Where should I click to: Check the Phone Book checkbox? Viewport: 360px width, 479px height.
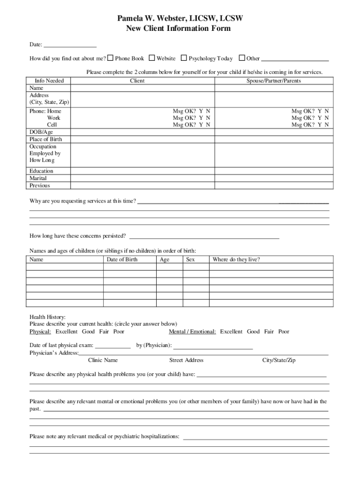coord(110,58)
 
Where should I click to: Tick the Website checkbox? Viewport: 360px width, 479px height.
coord(152,58)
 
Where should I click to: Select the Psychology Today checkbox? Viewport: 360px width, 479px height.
coord(184,58)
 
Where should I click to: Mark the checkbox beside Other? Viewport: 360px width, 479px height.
coord(242,58)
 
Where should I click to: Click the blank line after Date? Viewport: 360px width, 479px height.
coord(70,45)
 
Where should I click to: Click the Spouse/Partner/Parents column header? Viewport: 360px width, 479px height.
coord(274,80)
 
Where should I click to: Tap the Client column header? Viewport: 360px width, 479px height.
coord(137,80)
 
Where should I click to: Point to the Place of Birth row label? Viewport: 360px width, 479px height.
coord(46,139)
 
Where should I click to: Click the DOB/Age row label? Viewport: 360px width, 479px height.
coord(42,132)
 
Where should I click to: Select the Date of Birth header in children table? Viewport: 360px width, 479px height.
coord(122,260)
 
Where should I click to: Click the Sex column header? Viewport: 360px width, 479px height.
coord(190,260)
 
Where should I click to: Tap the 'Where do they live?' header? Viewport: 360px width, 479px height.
coord(236,260)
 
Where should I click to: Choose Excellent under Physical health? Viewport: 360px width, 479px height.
coord(66,332)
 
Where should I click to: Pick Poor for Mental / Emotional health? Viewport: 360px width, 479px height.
coord(284,332)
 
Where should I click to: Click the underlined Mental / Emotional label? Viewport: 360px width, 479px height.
coord(193,332)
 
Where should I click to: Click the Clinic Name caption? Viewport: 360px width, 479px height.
coord(103,360)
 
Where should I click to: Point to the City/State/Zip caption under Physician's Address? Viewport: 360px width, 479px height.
coord(279,360)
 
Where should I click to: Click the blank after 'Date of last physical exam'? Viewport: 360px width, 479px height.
coord(113,346)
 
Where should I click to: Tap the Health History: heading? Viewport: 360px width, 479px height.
coord(48,317)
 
